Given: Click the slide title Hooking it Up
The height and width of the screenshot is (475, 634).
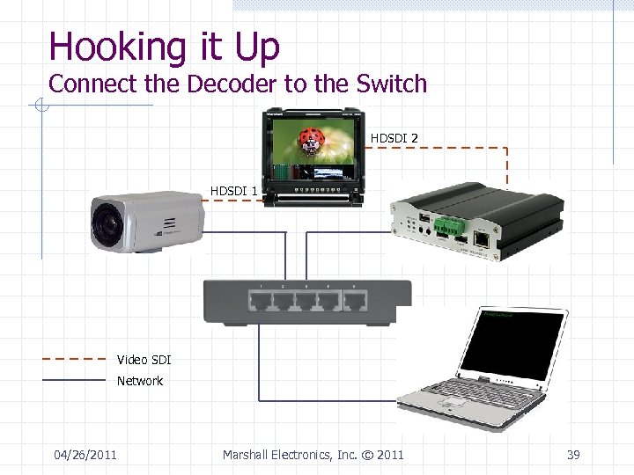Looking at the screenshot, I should pyautogui.click(x=164, y=46).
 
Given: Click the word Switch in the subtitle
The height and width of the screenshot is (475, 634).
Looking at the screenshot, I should pyautogui.click(x=392, y=84).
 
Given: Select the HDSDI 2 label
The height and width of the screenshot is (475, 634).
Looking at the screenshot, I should pyautogui.click(x=394, y=138).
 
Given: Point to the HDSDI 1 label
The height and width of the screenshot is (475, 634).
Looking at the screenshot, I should pyautogui.click(x=233, y=191).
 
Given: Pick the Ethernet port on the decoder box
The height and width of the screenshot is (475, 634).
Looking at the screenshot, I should pyautogui.click(x=482, y=238).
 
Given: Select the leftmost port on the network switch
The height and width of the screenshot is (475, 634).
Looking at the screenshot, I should pyautogui.click(x=262, y=302).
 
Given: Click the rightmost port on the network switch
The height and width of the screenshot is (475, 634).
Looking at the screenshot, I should pyautogui.click(x=355, y=302).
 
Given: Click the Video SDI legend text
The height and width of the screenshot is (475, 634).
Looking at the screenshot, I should pyautogui.click(x=144, y=360).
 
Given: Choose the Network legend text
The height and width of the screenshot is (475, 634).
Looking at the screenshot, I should pyautogui.click(x=140, y=381).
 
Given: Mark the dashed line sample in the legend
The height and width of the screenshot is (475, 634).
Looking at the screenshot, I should pyautogui.click(x=74, y=359).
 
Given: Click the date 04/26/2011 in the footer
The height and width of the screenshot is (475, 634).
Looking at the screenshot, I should pyautogui.click(x=85, y=455).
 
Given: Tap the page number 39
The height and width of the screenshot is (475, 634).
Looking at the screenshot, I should pyautogui.click(x=573, y=455).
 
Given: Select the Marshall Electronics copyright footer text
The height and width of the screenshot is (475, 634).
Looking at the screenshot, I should pyautogui.click(x=313, y=455).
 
